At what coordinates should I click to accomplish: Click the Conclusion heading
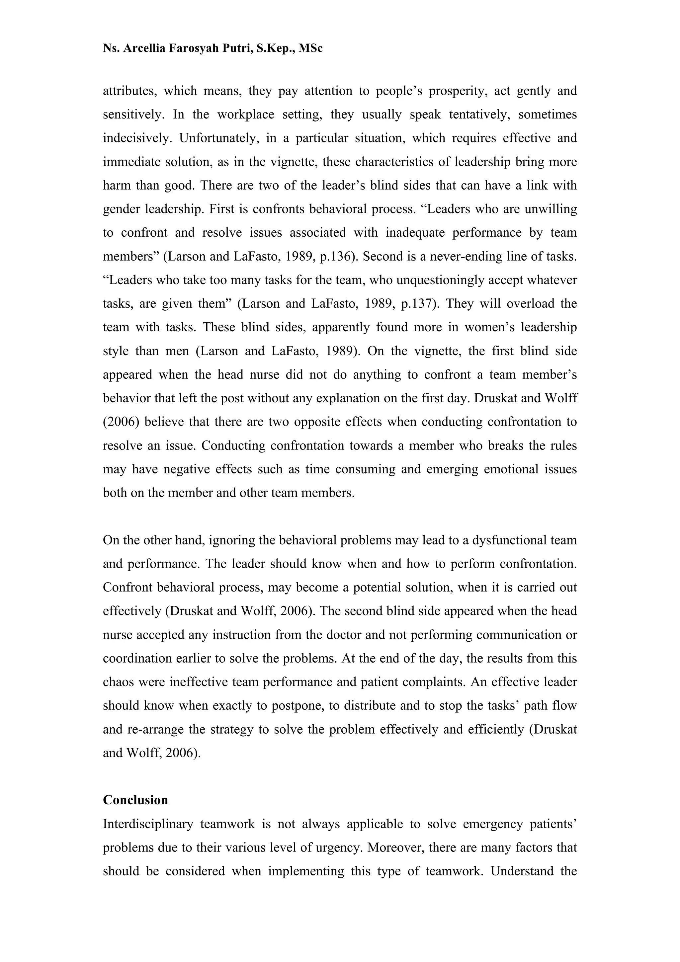click(x=135, y=800)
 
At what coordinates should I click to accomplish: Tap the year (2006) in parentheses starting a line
click(x=121, y=422)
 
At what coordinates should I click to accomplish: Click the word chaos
click(x=119, y=682)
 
